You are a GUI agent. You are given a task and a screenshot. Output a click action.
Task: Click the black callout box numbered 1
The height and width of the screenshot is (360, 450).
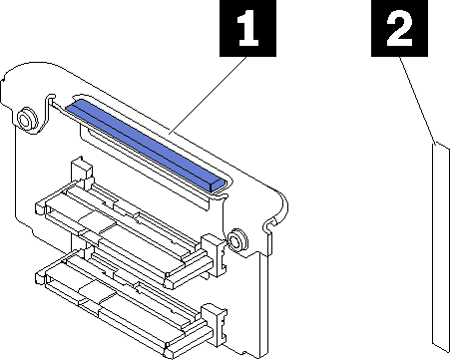(247, 28)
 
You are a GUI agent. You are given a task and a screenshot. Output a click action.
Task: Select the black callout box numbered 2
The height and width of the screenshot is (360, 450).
(399, 28)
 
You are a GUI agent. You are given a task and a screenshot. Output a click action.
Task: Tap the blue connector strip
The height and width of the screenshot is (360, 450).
(146, 147)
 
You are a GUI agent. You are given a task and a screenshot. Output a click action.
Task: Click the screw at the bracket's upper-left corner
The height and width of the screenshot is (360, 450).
(25, 119)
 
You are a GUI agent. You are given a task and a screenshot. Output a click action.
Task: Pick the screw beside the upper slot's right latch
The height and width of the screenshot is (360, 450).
(236, 239)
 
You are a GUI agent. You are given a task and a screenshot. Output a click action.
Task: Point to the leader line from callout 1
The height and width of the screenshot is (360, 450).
(208, 96)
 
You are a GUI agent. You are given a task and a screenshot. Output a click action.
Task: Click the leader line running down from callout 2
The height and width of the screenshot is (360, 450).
(417, 101)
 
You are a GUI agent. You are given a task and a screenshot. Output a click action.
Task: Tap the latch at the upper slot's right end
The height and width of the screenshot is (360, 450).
(215, 254)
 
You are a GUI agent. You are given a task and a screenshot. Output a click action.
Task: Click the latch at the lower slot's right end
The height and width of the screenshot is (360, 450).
(215, 327)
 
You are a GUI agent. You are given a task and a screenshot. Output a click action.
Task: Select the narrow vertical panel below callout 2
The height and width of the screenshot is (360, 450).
(441, 247)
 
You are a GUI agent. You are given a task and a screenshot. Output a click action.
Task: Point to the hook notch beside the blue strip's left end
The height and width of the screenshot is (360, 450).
(49, 100)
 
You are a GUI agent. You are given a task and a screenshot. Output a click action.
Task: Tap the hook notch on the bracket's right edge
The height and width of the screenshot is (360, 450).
(270, 225)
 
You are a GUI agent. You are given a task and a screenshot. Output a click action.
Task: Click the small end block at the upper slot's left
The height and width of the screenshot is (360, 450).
(40, 208)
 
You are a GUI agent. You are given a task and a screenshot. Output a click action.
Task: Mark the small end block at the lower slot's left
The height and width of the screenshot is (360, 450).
(40, 278)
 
